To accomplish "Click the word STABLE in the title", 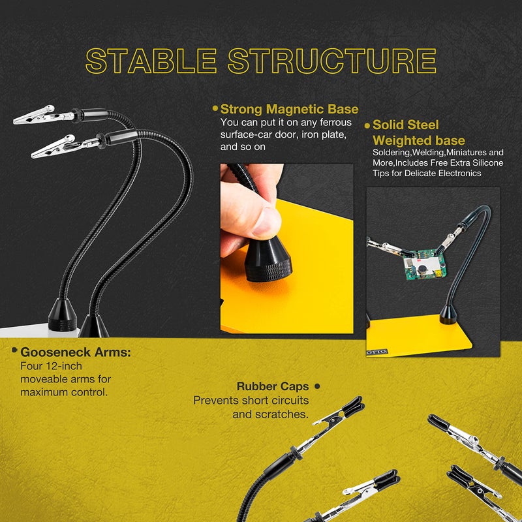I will click(x=151, y=61).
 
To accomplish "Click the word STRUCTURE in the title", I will click(x=331, y=61).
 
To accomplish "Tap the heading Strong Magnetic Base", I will click(x=289, y=110).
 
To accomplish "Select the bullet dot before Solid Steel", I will click(x=367, y=125).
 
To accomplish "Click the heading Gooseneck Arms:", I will click(x=76, y=352).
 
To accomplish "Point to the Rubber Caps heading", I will click(x=273, y=386).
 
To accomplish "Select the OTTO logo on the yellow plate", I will click(x=378, y=352).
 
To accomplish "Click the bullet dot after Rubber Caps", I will click(x=317, y=386).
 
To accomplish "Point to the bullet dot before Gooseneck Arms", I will click(x=14, y=351).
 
